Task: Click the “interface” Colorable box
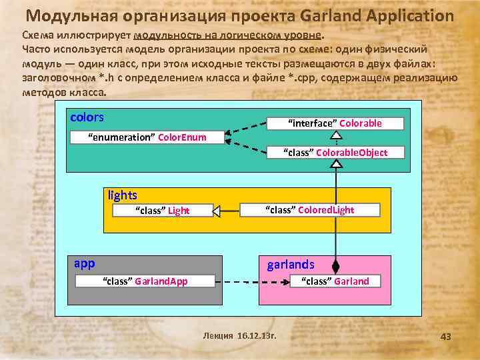click(335, 123)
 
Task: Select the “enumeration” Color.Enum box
click(147, 137)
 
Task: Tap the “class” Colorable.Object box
click(335, 153)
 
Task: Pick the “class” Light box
click(162, 211)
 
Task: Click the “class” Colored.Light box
click(310, 210)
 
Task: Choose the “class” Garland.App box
click(145, 281)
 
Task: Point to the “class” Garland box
click(335, 281)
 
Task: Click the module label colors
click(87, 117)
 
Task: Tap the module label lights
click(122, 195)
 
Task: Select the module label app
click(84, 263)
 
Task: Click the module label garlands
click(291, 264)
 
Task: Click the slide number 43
click(445, 337)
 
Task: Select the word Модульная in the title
click(74, 16)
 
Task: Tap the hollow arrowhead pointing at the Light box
click(217, 211)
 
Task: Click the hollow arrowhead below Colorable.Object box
click(336, 164)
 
